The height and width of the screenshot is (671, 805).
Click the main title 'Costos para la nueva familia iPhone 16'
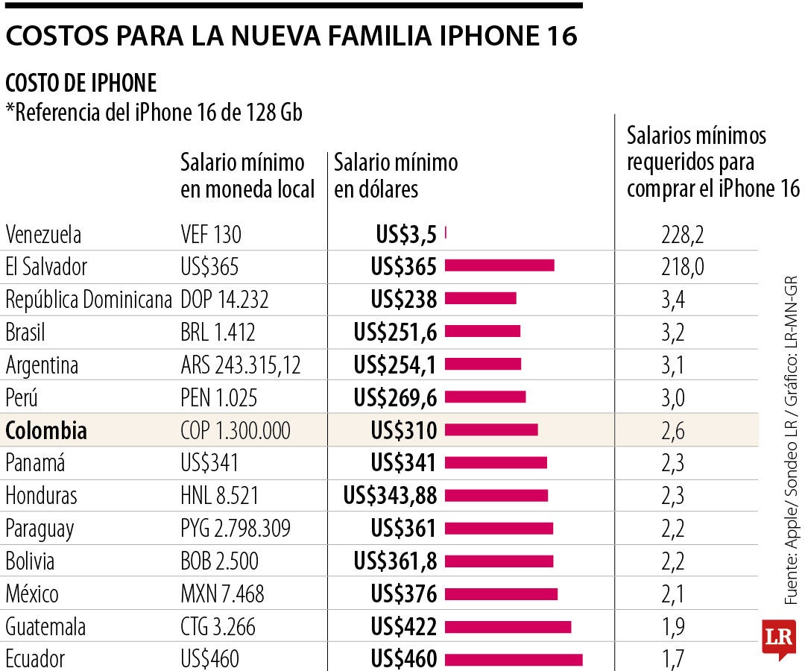pos(291,35)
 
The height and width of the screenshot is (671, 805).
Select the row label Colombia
pos(46,430)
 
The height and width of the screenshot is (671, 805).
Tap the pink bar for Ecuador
pos(514,659)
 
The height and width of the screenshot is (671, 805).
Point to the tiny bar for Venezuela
pos(445,233)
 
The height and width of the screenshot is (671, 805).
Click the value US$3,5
pos(405,234)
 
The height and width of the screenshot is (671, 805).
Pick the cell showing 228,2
pos(682,234)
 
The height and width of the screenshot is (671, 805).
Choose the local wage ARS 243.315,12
pos(240,365)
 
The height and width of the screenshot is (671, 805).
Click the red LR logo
pos(778,638)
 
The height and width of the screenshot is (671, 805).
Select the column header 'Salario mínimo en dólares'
pos(396,175)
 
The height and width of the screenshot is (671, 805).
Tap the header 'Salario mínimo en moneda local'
pos(247,175)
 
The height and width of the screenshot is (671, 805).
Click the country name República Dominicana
pos(89,300)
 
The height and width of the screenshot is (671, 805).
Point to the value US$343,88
pos(390,495)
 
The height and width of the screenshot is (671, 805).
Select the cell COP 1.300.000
pos(236,430)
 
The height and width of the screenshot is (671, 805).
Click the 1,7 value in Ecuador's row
pos(672,659)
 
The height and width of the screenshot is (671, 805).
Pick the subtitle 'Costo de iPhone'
pos(80,83)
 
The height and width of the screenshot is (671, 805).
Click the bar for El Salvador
pos(499,266)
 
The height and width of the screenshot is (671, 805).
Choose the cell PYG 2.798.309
pos(236,529)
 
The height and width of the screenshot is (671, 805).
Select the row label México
pos(32,593)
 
